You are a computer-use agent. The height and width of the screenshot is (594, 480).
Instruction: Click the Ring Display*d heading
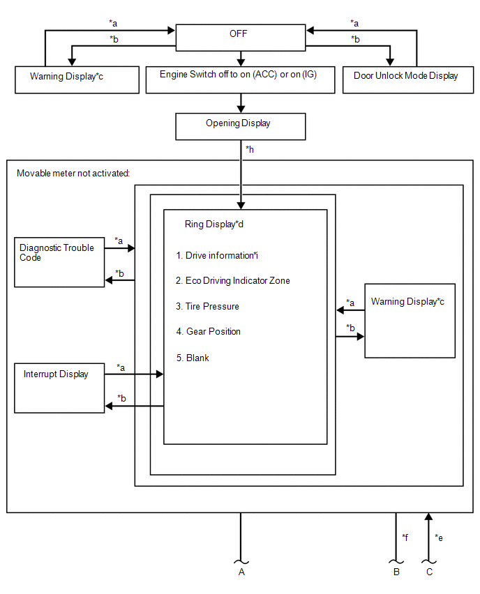click(x=214, y=224)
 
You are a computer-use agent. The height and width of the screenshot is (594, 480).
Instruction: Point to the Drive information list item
click(x=217, y=256)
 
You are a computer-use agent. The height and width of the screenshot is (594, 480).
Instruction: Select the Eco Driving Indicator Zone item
click(x=233, y=281)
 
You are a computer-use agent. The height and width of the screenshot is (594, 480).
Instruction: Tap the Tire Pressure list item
click(x=207, y=307)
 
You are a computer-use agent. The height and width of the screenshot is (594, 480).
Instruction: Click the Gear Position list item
click(x=208, y=331)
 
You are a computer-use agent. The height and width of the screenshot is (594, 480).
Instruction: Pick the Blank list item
click(x=193, y=358)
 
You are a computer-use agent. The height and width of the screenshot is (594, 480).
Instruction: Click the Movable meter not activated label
click(x=73, y=174)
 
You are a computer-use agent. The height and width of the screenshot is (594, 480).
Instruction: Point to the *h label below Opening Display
click(x=250, y=150)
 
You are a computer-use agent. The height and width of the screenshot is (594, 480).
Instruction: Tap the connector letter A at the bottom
click(x=241, y=572)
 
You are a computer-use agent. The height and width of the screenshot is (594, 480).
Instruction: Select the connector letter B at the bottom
click(x=396, y=572)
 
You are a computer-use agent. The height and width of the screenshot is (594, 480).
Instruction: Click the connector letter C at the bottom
click(x=429, y=572)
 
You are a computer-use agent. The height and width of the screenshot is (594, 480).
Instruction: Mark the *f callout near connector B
click(x=405, y=537)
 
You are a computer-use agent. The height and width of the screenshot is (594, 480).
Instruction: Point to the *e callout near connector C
click(x=439, y=538)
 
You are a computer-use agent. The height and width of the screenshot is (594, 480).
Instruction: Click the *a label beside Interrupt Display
click(x=121, y=367)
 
